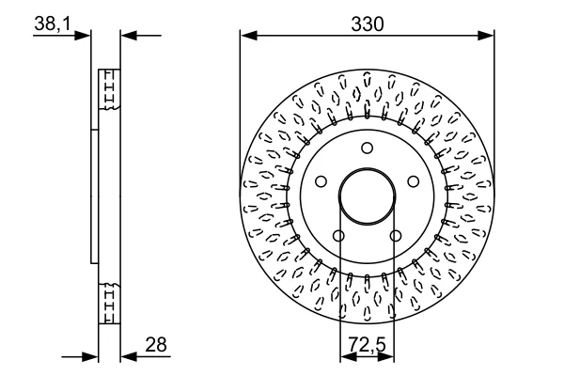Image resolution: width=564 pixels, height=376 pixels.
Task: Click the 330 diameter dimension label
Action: click(x=368, y=24)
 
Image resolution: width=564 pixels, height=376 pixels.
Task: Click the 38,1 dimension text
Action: click(x=54, y=24)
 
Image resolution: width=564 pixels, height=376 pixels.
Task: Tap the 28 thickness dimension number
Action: click(x=156, y=344)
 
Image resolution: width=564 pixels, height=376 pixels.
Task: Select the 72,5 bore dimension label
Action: click(x=367, y=344)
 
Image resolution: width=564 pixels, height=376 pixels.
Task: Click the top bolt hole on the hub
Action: click(x=367, y=148)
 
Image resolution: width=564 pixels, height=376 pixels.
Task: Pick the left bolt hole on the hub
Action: click(x=321, y=181)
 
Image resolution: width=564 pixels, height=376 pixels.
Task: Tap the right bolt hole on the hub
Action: click(x=414, y=181)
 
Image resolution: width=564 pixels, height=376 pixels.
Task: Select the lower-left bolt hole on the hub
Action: click(x=338, y=236)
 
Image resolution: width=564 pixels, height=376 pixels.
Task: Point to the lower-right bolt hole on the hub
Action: click(x=396, y=236)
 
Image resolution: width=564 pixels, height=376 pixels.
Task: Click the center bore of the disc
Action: click(x=367, y=196)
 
